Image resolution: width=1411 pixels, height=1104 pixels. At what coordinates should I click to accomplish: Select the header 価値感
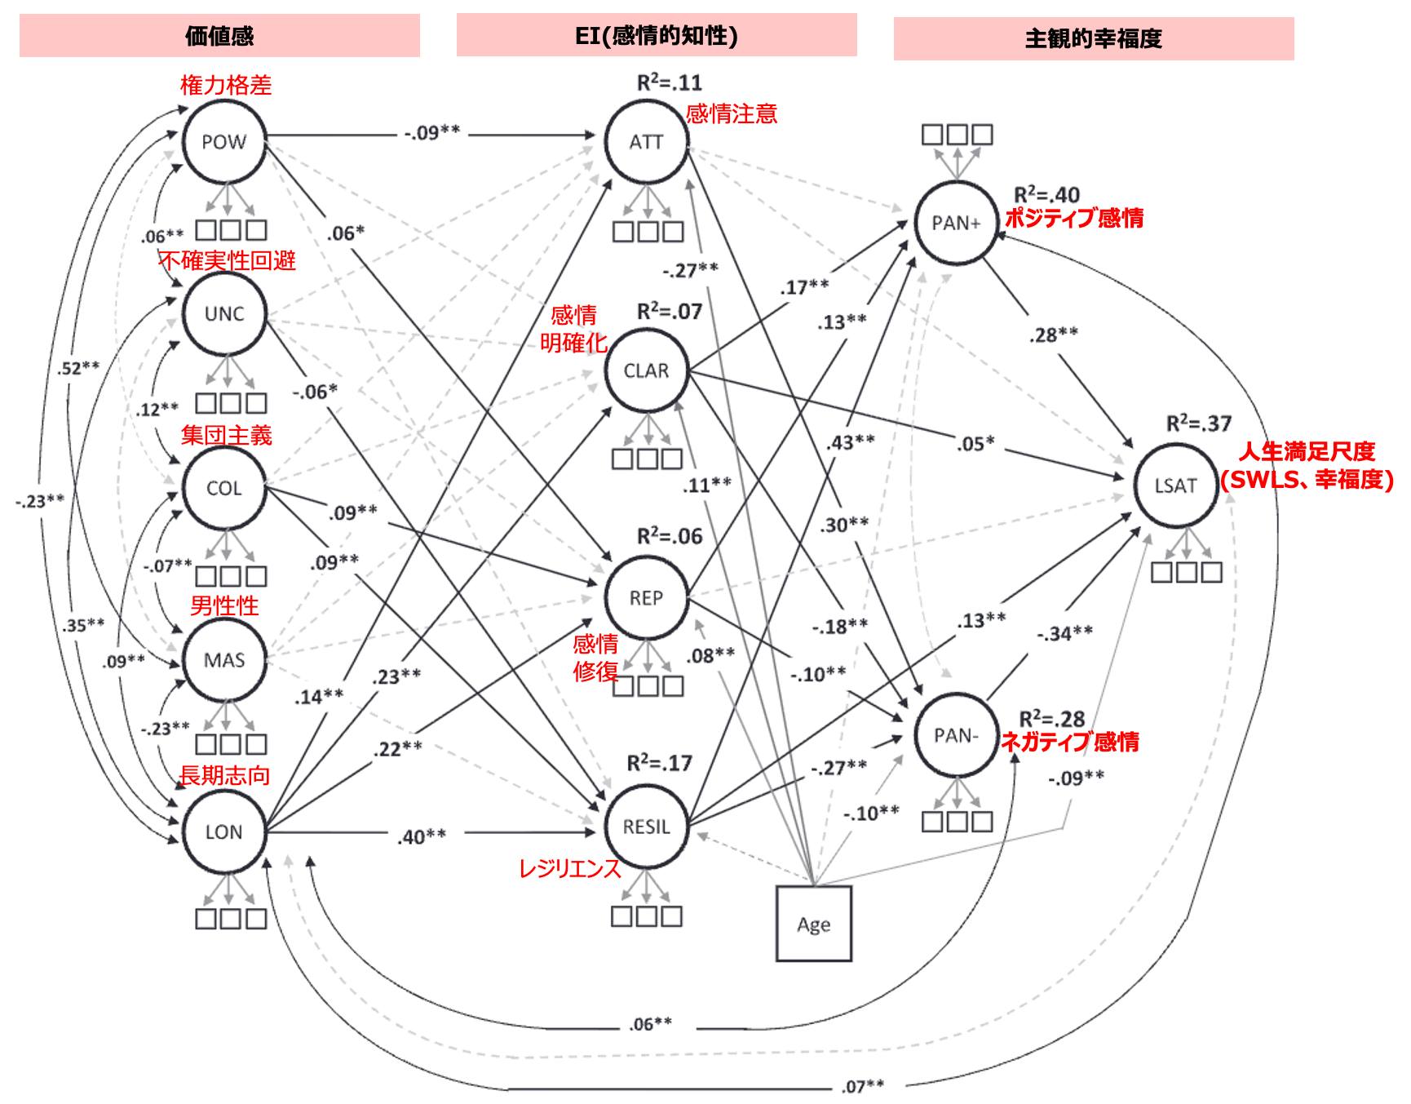(x=219, y=36)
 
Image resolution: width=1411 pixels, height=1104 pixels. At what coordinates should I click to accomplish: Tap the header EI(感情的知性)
(x=657, y=35)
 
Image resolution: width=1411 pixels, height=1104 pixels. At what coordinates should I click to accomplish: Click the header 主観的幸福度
(x=1094, y=38)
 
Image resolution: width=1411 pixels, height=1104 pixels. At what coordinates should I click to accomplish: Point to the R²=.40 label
(x=1046, y=194)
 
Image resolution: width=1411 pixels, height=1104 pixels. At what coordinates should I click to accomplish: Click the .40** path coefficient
(x=422, y=836)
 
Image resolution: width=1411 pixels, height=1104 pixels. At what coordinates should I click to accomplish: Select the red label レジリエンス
(x=570, y=869)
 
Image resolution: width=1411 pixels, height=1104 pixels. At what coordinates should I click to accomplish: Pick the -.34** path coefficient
(x=1065, y=633)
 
